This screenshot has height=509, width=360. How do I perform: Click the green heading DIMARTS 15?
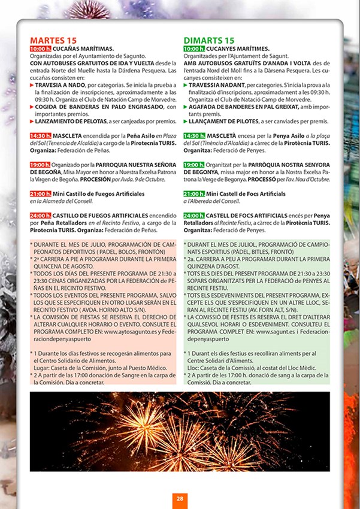(x=209, y=40)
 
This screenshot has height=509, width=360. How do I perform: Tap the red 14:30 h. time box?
(x=40, y=136)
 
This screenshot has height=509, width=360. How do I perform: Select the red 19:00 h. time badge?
(x=40, y=165)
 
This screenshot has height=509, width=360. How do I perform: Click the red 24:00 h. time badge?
(x=40, y=215)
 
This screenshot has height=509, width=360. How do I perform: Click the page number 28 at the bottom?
(x=180, y=498)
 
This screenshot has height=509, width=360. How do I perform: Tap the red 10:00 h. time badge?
(x=40, y=49)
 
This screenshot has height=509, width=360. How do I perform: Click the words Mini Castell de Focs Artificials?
(x=246, y=194)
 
